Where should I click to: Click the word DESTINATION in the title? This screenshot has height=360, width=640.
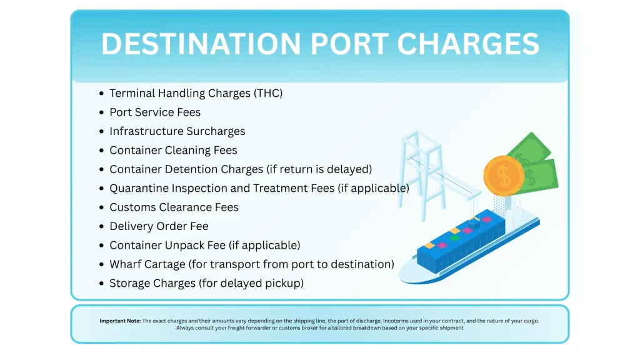tap(201, 44)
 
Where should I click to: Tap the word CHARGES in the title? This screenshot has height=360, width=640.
tap(467, 44)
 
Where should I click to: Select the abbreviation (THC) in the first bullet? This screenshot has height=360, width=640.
tap(268, 94)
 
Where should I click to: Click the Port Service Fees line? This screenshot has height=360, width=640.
tap(155, 112)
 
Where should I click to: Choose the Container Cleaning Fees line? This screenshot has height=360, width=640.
tap(173, 150)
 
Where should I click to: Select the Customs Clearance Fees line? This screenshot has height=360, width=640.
tap(174, 207)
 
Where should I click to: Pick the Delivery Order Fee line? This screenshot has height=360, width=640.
tap(159, 226)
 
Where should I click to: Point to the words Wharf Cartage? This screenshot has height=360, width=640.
tap(147, 264)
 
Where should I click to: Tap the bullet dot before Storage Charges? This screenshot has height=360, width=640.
tap(102, 283)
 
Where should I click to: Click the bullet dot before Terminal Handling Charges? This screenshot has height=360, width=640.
tap(102, 94)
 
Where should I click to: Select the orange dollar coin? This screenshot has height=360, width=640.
tap(504, 176)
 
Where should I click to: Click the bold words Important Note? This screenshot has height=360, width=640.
tap(120, 321)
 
